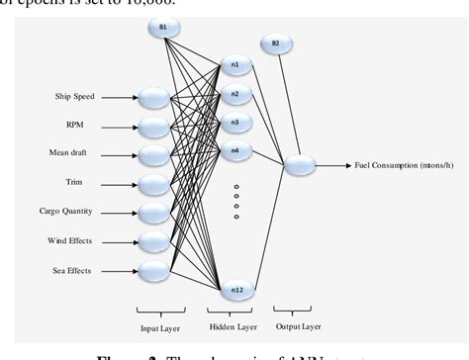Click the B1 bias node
point(164,26)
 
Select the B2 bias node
point(276,44)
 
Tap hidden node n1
point(235,65)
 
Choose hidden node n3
point(235,123)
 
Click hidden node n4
point(235,151)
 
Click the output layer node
point(300,166)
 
